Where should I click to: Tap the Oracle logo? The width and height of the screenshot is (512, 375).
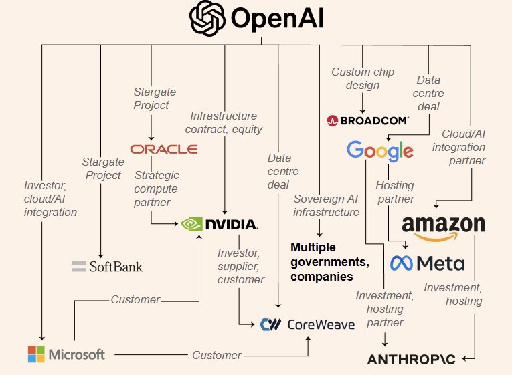pyautogui.click(x=164, y=149)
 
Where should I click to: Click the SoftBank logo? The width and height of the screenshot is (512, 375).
pyautogui.click(x=107, y=267)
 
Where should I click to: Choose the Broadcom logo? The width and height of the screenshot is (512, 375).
pyautogui.click(x=367, y=120)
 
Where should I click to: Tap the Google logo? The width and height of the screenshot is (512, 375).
pyautogui.click(x=379, y=151)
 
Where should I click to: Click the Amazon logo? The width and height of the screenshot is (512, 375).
pyautogui.click(x=443, y=225)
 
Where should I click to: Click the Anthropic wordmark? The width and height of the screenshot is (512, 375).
pyautogui.click(x=411, y=360)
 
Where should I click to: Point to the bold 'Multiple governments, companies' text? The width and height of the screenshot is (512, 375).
pyautogui.click(x=322, y=261)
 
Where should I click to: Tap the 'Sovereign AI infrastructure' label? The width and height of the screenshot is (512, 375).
pyautogui.click(x=327, y=205)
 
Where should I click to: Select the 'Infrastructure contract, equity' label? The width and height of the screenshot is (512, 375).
pyautogui.click(x=226, y=122)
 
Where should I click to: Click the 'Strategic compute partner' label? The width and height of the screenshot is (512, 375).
pyautogui.click(x=157, y=189)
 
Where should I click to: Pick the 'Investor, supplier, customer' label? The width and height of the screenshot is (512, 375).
pyautogui.click(x=240, y=266)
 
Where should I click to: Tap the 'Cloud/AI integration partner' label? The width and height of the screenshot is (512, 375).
pyautogui.click(x=463, y=147)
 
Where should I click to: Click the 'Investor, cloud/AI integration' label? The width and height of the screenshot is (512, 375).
pyautogui.click(x=50, y=199)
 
